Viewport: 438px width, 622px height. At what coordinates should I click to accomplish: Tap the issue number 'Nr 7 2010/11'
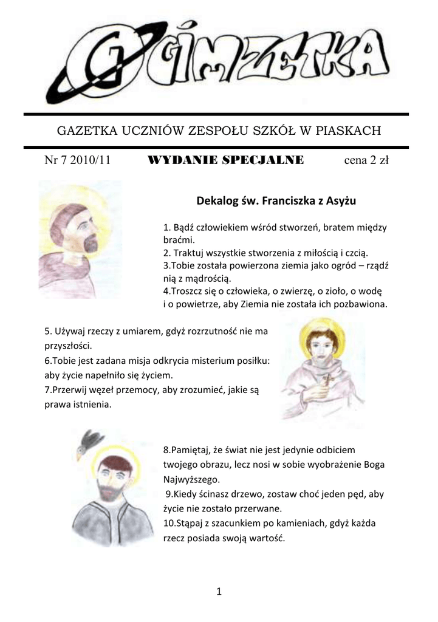(77, 161)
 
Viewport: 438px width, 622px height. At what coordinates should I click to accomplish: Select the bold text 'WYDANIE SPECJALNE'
(225, 161)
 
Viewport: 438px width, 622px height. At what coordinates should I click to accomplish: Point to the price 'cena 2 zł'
(366, 161)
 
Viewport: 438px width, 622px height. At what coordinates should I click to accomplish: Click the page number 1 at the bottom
(219, 591)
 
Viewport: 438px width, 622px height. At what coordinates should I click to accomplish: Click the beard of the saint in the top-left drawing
(91, 245)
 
